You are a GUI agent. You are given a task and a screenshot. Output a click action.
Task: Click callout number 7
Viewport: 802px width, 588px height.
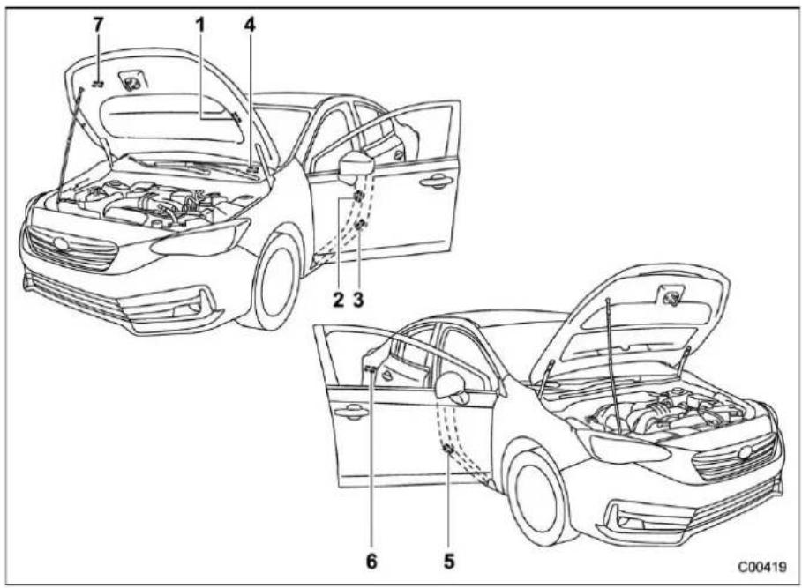[98, 25]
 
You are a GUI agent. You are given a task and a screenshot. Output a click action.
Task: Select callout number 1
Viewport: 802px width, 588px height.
[200, 25]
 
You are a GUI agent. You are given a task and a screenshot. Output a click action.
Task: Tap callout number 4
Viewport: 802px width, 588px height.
[249, 25]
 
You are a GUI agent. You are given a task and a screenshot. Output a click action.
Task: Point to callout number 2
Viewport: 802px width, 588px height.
[338, 300]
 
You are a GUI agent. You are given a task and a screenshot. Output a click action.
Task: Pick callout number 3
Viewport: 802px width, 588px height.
[358, 300]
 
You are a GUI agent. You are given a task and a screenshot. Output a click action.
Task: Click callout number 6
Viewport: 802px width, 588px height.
[371, 562]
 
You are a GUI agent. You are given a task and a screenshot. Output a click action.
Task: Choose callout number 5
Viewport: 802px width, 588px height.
[448, 562]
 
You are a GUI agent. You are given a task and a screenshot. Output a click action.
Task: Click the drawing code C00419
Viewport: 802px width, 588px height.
[761, 568]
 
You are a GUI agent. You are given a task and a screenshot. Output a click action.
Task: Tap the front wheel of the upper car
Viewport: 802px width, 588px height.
[274, 282]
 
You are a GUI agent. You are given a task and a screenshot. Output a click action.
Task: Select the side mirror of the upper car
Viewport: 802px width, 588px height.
[357, 165]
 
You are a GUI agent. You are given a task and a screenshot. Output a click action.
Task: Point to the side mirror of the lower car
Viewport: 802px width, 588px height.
[453, 388]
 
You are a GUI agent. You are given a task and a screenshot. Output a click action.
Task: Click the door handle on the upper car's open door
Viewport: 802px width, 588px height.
[438, 181]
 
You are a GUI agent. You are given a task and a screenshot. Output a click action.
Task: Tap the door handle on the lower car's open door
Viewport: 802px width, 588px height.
[352, 411]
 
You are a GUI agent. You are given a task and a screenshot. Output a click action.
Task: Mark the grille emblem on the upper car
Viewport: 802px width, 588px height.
[62, 244]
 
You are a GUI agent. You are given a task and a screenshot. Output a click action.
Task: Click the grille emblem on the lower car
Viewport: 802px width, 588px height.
[746, 451]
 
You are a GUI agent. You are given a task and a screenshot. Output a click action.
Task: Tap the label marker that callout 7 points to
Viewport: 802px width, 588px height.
[98, 83]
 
